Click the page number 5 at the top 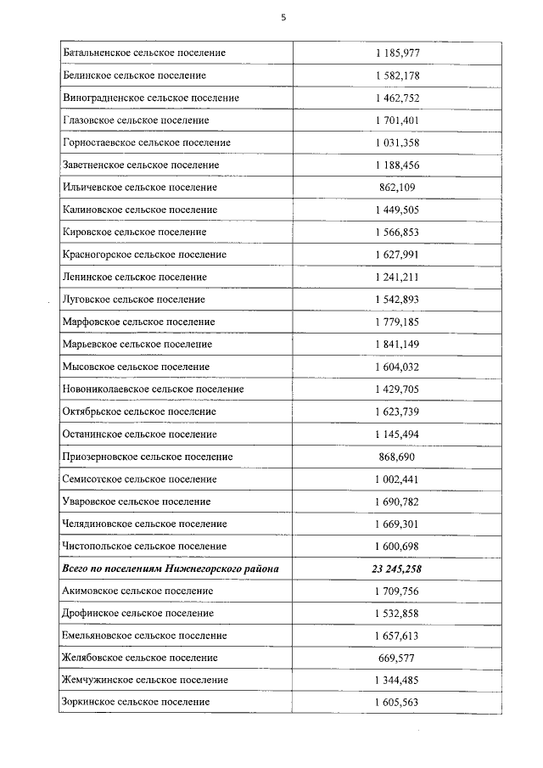point(283,14)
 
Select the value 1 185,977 point(397,53)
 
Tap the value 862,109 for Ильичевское point(397,188)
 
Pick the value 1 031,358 point(397,143)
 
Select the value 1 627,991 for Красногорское point(397,255)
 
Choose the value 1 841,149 point(397,345)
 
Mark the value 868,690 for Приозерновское point(397,457)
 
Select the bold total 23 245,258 point(397,569)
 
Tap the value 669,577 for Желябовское point(397,658)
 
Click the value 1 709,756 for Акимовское point(397,591)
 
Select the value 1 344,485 point(397,680)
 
